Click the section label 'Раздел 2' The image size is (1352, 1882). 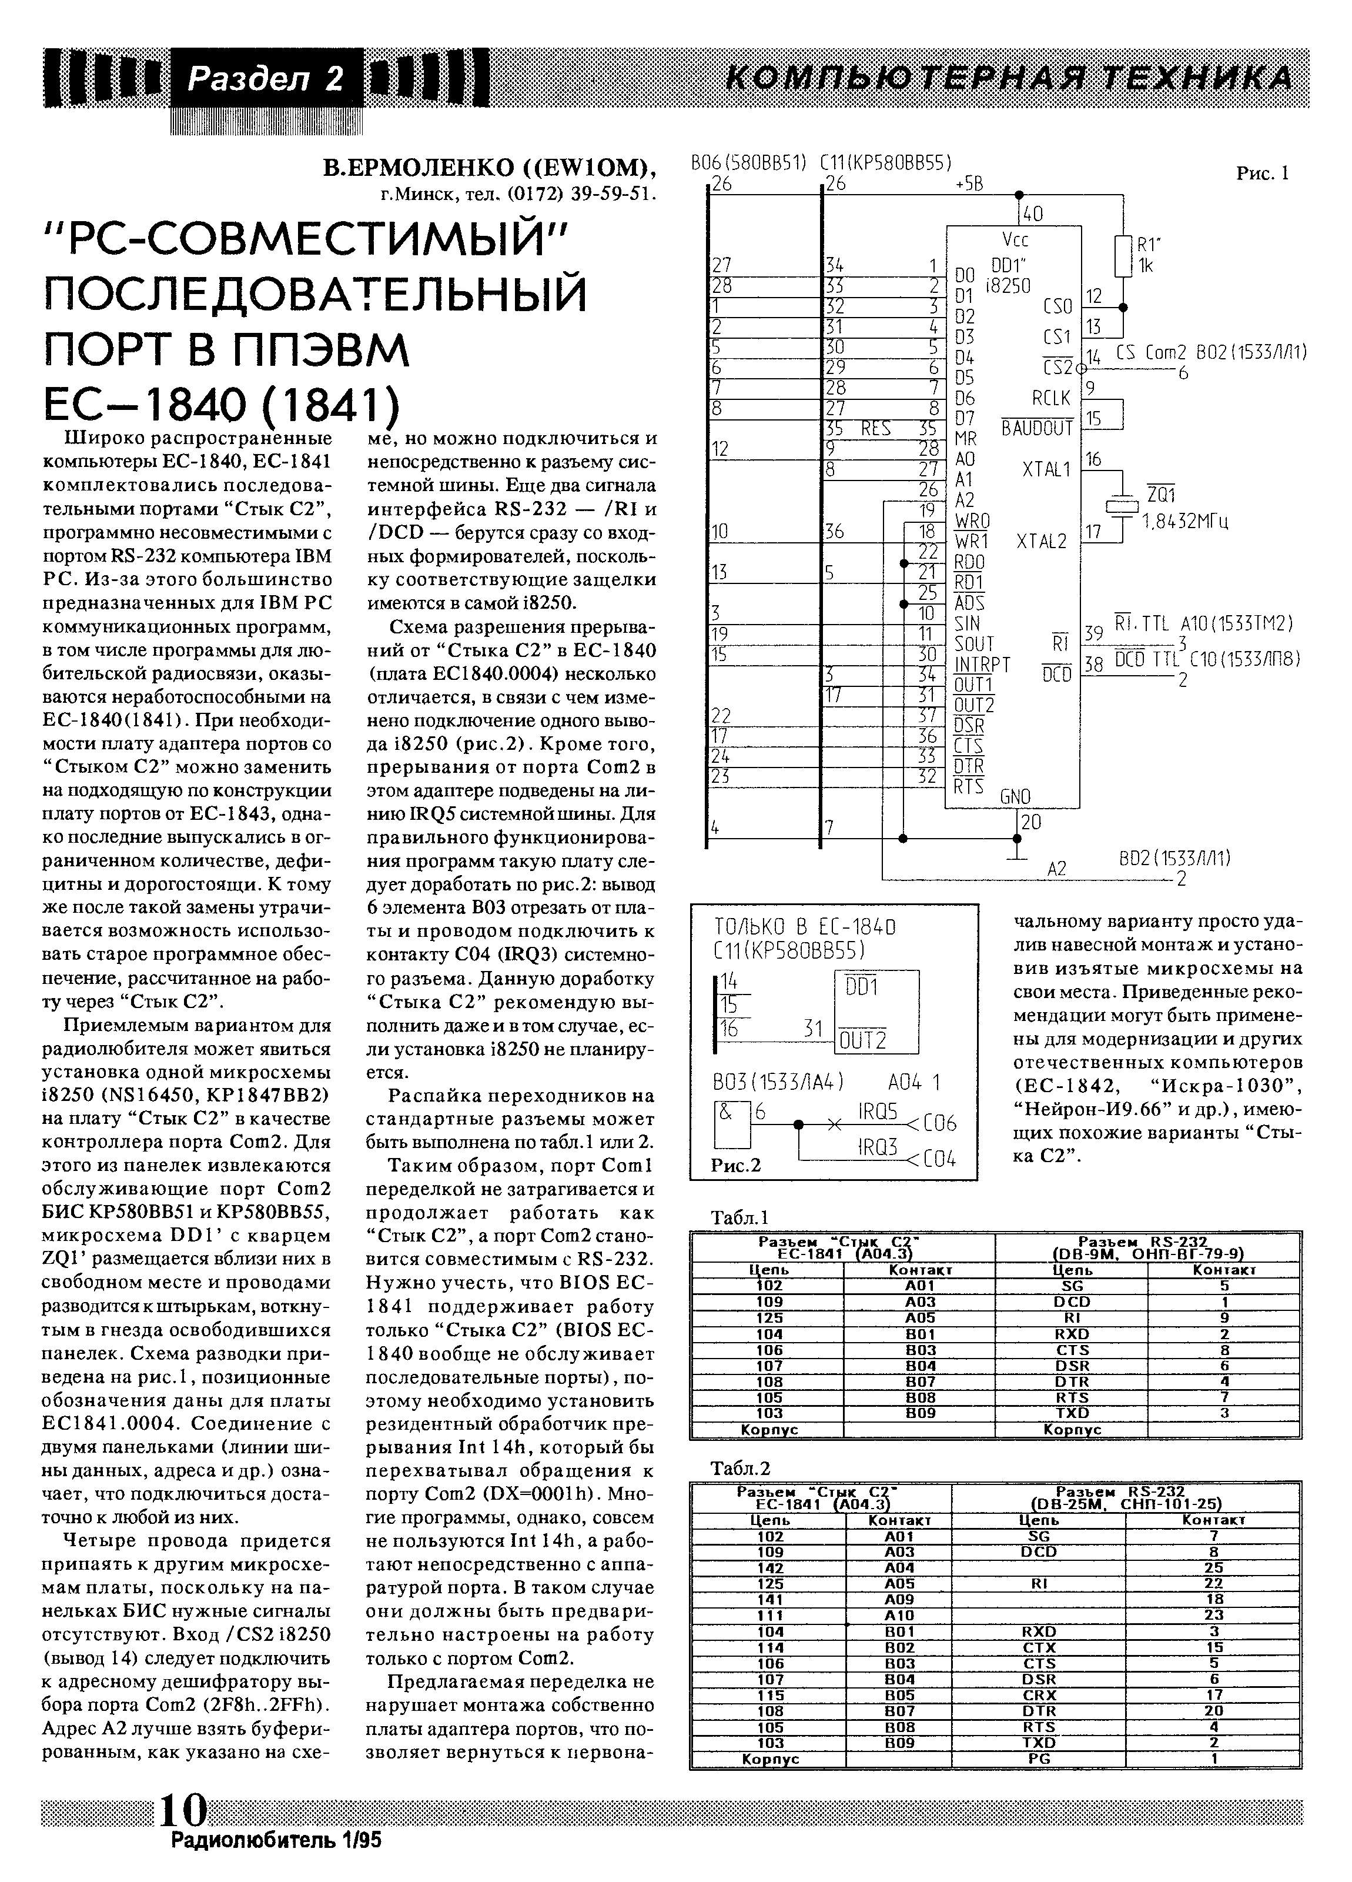(265, 79)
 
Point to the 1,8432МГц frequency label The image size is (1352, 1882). (1184, 521)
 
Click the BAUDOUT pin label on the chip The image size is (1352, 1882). (1037, 428)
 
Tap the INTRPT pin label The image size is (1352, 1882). (982, 665)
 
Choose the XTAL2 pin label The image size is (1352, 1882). (1042, 541)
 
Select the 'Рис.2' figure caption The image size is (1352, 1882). (736, 1165)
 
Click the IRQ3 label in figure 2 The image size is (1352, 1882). (878, 1147)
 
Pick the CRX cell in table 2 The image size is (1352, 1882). (1039, 1696)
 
